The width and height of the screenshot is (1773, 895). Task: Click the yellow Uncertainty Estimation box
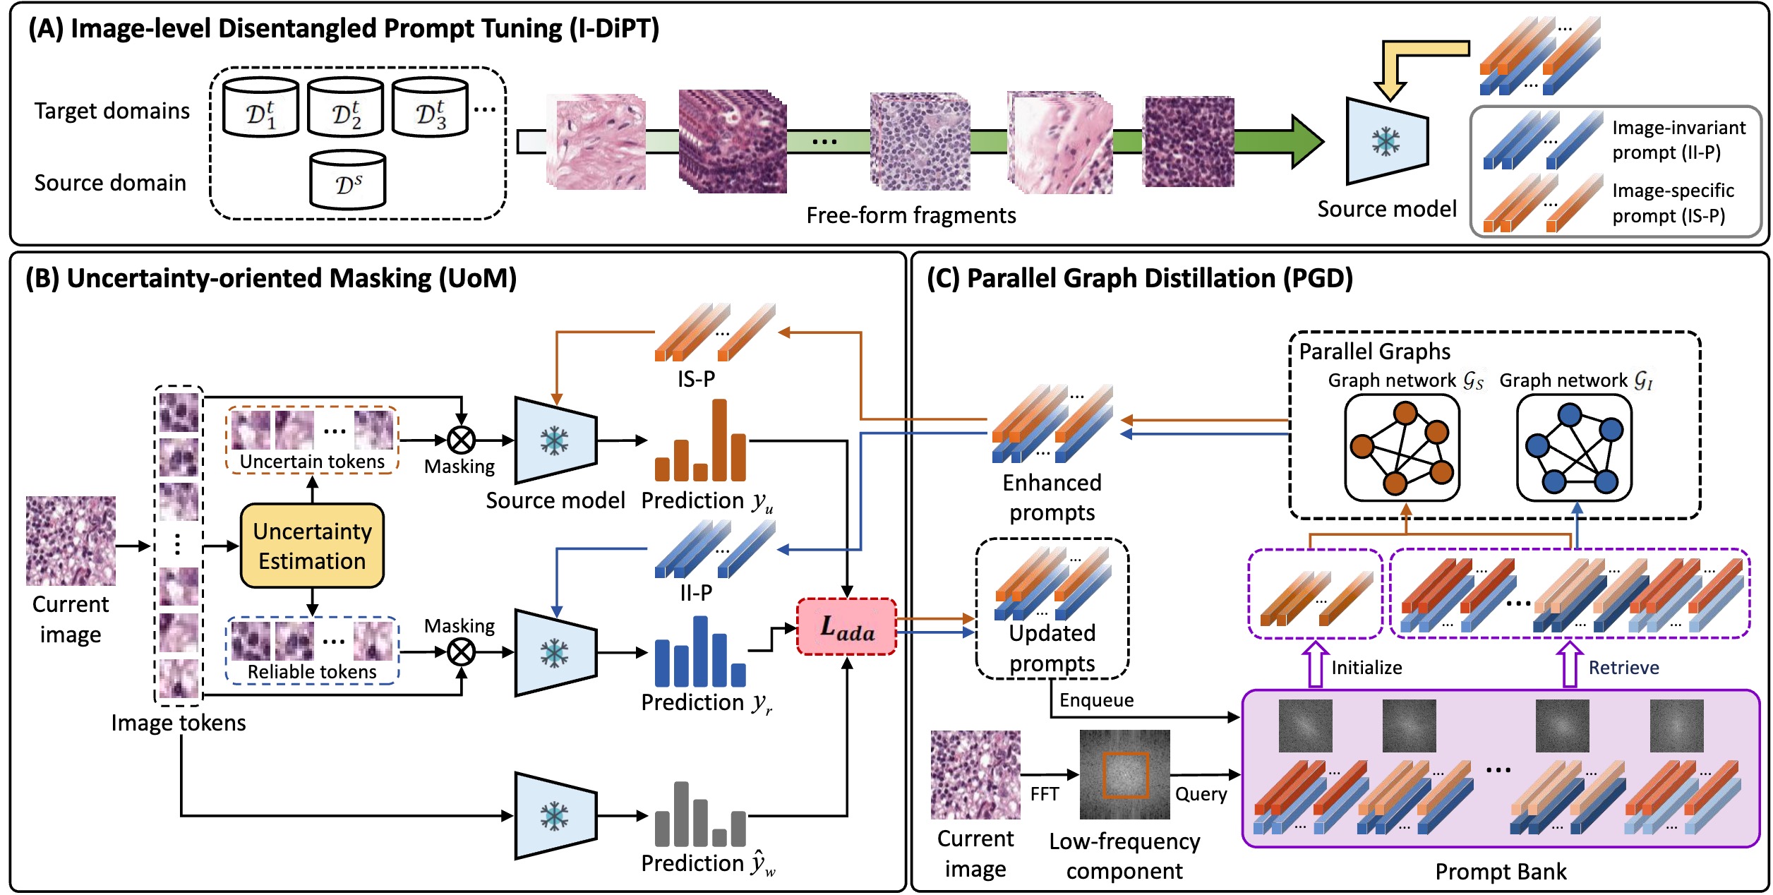312,546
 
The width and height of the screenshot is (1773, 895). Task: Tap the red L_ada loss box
846,627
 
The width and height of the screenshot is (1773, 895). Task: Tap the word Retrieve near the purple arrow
1623,668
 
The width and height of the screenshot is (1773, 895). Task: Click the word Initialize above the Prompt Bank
1366,668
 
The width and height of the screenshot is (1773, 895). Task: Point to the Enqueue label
1096,700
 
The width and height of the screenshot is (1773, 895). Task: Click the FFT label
1044,794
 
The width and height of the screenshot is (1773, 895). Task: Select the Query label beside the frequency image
1201,794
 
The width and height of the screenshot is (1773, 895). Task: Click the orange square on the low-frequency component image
1126,775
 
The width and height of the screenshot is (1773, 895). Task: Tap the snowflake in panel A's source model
1386,142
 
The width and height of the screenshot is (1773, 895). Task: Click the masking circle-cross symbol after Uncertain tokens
462,440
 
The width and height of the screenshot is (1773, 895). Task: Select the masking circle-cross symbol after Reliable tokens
462,652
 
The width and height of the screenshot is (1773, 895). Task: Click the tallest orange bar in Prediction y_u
719,440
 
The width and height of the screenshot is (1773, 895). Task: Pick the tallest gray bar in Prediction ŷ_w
681,813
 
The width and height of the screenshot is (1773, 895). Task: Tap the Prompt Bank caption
1501,872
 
